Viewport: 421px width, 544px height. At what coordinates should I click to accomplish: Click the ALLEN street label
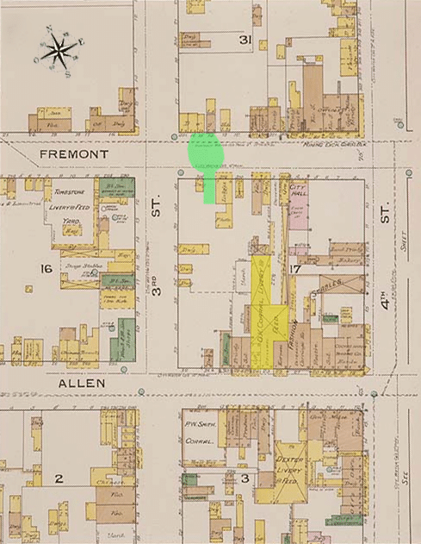pyautogui.click(x=83, y=382)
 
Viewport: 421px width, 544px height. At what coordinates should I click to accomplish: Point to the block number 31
pyautogui.click(x=245, y=41)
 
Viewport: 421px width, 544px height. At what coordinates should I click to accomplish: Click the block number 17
pyautogui.click(x=294, y=271)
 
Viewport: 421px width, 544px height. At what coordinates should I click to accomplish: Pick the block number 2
pyautogui.click(x=59, y=478)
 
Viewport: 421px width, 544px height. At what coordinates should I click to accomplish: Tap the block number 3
pyautogui.click(x=245, y=478)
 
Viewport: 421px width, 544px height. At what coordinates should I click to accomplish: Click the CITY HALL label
pyautogui.click(x=299, y=191)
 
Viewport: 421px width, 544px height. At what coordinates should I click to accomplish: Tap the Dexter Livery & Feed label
pyautogui.click(x=290, y=472)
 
